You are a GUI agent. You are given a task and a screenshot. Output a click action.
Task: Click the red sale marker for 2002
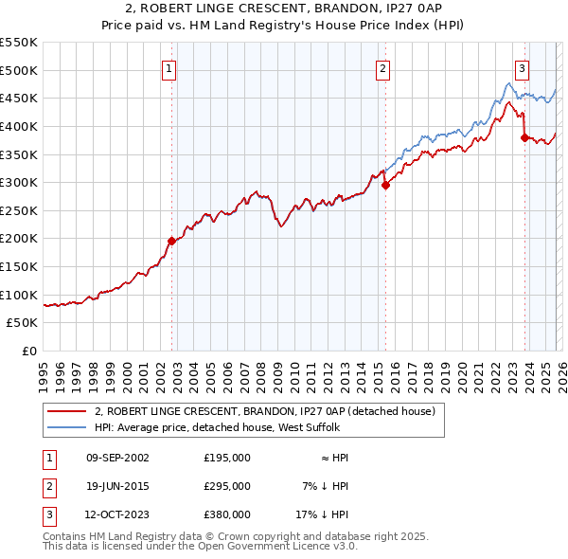point(171,241)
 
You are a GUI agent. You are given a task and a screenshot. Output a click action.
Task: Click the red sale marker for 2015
point(385,186)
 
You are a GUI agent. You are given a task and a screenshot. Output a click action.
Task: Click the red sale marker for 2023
point(524,137)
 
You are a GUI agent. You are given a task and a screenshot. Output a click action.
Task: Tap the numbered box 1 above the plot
point(169,67)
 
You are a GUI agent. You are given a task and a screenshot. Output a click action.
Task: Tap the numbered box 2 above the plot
point(382,67)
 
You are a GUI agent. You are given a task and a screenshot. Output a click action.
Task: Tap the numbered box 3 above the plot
point(522,67)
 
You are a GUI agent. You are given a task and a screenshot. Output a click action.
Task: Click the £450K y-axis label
point(19,98)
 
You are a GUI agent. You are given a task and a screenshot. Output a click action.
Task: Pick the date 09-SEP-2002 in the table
point(116,458)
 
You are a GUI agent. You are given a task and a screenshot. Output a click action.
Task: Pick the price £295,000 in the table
point(227,486)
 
